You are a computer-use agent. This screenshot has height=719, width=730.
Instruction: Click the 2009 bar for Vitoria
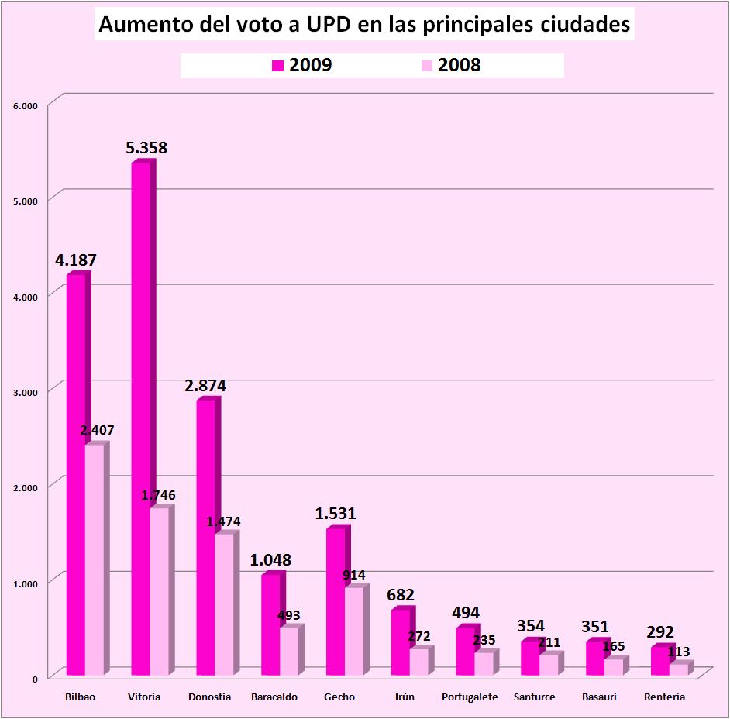click(140, 418)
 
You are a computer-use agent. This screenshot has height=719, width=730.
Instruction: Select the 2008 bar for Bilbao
click(94, 558)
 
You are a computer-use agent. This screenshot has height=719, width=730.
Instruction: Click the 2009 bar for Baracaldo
click(270, 624)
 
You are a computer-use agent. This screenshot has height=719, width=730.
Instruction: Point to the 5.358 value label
click(147, 148)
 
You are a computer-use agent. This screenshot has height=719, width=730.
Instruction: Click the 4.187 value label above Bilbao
click(76, 260)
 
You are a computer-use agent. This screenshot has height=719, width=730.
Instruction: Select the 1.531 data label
click(336, 513)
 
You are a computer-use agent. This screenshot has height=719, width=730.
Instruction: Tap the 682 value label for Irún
click(401, 595)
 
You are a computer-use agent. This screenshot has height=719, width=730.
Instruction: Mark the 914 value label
click(354, 575)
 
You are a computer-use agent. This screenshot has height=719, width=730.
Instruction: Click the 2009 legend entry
click(302, 66)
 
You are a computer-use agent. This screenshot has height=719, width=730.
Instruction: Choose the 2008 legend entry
click(451, 66)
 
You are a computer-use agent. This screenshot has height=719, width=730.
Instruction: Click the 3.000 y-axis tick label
click(26, 392)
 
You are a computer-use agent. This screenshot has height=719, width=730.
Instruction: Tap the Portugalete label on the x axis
click(470, 697)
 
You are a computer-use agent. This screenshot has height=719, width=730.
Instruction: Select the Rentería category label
click(664, 697)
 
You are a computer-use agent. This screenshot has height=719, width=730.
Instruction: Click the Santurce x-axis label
click(535, 697)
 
